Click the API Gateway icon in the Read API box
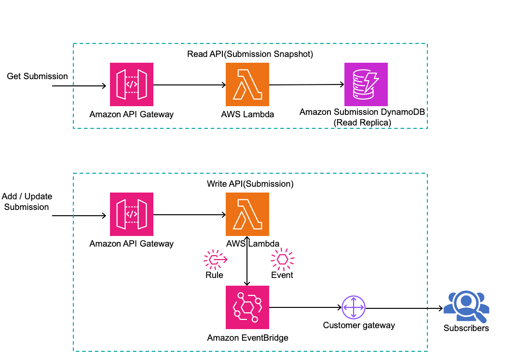point(132,84)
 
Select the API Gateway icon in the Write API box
point(132,214)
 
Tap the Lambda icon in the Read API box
point(247,84)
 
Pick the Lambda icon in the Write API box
point(247,214)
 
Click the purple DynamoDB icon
point(366,84)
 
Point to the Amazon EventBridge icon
point(247,307)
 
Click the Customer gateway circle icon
point(354,307)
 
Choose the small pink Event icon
point(282,260)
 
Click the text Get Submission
point(37,76)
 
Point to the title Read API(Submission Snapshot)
point(250,54)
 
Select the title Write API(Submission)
point(250,184)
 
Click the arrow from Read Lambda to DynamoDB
point(306,85)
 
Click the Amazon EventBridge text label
point(247,338)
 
